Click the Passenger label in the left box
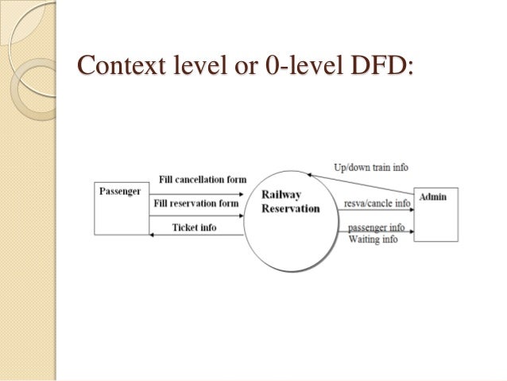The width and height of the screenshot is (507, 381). click(x=118, y=191)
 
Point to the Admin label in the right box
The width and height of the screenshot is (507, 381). click(x=432, y=196)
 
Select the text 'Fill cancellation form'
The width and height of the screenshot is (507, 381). click(x=203, y=179)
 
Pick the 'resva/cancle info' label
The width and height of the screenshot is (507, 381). click(x=377, y=204)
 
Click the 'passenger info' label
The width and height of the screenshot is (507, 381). click(x=376, y=227)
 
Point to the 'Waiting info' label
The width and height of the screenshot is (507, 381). click(x=373, y=239)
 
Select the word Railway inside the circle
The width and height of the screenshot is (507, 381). click(x=281, y=195)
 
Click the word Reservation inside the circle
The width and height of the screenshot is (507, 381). click(x=291, y=208)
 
